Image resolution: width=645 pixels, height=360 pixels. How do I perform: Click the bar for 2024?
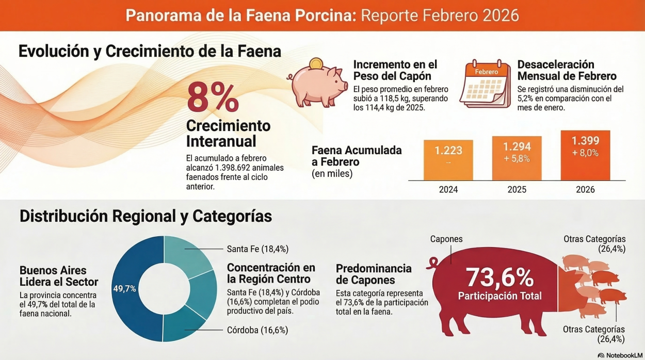pyautogui.click(x=448, y=160)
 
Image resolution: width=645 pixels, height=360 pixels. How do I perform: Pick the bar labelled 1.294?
pyautogui.click(x=517, y=158)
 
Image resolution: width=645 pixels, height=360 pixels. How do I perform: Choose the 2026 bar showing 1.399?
pyautogui.click(x=585, y=155)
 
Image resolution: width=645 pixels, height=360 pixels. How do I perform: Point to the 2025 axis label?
pyautogui.click(x=517, y=190)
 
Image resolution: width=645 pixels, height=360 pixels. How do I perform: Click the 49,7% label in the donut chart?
pyautogui.click(x=125, y=288)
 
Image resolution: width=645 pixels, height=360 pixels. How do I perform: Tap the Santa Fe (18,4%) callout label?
pyautogui.click(x=257, y=249)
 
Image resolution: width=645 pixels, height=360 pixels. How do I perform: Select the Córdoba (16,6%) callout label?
pyautogui.click(x=257, y=330)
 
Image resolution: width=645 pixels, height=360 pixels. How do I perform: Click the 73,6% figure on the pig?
pyautogui.click(x=499, y=278)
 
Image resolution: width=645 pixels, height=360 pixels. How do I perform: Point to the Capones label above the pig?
pyautogui.click(x=446, y=239)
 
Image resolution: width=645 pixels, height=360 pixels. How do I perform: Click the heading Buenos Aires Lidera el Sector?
pyautogui.click(x=53, y=276)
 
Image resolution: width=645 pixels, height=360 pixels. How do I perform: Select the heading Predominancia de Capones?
pyautogui.click(x=374, y=274)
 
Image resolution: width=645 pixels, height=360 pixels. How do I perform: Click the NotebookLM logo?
pyautogui.click(x=620, y=355)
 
